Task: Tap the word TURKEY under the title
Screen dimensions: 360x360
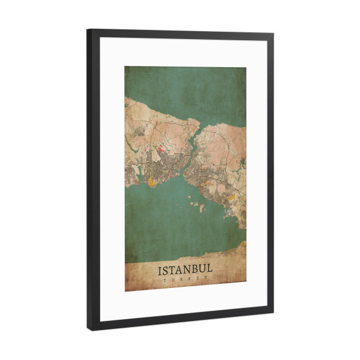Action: tap(185, 278)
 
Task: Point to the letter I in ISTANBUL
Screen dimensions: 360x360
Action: tap(160, 270)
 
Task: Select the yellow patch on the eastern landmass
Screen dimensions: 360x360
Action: tap(231, 196)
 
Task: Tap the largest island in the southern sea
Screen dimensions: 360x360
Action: tap(200, 208)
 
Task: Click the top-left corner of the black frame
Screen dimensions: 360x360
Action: tap(88, 29)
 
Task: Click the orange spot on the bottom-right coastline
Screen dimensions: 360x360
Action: tap(243, 243)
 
